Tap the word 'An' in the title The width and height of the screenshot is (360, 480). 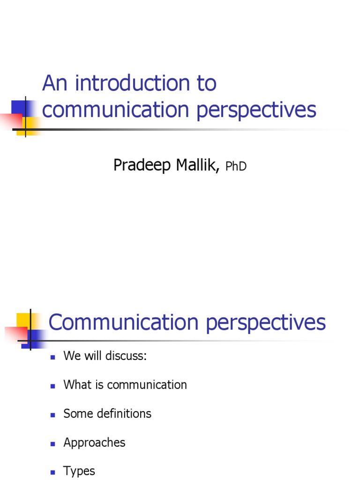click(x=55, y=84)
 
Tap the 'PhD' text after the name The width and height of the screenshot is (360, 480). click(x=236, y=166)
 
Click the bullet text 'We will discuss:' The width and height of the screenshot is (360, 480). click(x=105, y=356)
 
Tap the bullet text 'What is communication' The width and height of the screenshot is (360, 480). click(x=125, y=385)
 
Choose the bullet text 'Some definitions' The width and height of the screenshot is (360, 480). click(x=107, y=413)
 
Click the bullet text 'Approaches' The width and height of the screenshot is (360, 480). click(x=94, y=443)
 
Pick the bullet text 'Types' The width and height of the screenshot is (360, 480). click(x=79, y=471)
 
